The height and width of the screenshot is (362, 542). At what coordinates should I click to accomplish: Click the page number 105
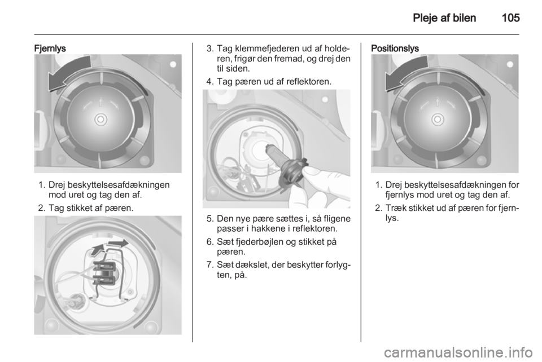(510, 17)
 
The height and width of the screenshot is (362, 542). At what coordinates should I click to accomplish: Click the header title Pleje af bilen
(444, 18)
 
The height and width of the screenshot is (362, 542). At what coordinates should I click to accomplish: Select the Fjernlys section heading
(50, 48)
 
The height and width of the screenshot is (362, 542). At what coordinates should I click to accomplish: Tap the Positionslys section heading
(395, 48)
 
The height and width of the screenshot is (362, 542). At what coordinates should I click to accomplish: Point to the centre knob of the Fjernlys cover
(100, 120)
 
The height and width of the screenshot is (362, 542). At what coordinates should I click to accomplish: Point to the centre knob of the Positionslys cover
(438, 120)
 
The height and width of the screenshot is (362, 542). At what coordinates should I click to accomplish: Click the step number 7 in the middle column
(209, 265)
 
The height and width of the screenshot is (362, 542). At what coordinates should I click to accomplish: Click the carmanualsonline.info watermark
(458, 353)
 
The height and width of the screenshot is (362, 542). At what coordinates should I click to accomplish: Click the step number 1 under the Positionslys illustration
(378, 185)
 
